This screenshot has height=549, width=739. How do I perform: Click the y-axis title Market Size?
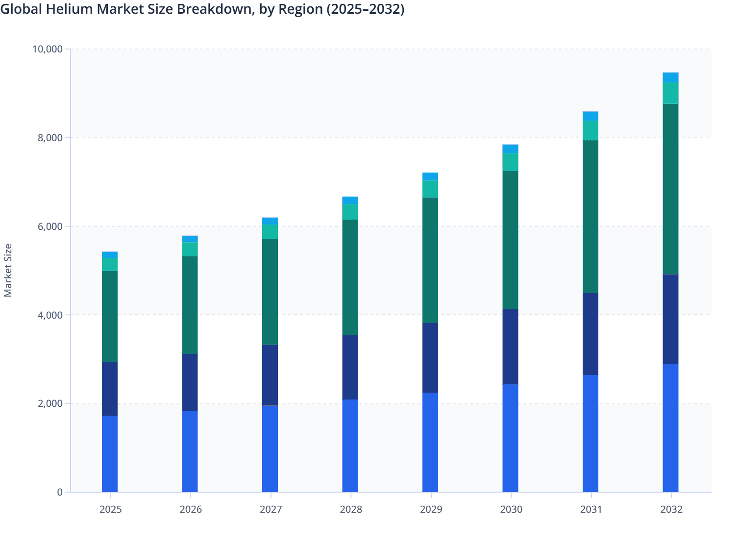[8, 270]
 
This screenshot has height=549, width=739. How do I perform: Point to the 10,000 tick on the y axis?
[47, 49]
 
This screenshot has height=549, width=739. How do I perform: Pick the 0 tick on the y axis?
[60, 492]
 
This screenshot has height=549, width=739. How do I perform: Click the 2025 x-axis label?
[110, 509]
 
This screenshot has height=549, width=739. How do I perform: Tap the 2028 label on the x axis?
[351, 509]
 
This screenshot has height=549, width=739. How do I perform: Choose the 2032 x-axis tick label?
[671, 509]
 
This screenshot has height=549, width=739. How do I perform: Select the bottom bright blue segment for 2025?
[110, 453]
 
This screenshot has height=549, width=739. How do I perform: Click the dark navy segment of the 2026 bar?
[190, 382]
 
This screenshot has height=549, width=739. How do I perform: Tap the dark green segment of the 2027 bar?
[270, 292]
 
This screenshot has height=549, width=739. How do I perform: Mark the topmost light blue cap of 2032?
[670, 77]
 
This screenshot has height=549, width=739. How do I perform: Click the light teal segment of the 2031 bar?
[591, 130]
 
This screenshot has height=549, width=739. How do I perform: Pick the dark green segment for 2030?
[510, 240]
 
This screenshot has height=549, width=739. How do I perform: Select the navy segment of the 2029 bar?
[430, 357]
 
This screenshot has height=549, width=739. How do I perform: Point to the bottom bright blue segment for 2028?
[350, 446]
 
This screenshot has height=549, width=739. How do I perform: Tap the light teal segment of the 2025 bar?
[110, 264]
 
